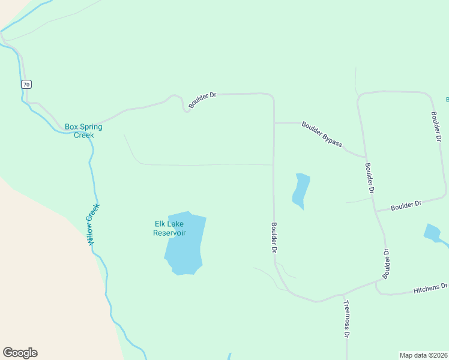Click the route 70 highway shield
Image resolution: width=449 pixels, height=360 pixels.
coord(26,84)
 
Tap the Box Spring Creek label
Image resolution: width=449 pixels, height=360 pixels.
coord(83,131)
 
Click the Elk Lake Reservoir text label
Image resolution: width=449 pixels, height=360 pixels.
coord(169,229)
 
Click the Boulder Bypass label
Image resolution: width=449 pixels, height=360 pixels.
coord(322,134)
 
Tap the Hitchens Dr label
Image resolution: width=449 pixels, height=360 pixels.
coord(430,289)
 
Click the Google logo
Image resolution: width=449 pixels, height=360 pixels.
coord(20,353)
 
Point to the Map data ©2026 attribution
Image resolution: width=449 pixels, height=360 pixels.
coord(423,355)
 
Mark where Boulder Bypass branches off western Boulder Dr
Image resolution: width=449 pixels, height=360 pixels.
coord(274,123)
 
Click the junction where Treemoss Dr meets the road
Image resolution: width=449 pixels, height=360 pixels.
coord(343,295)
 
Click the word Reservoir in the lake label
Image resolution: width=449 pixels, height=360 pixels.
coord(169,233)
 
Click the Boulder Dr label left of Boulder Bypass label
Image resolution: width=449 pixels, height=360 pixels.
coord(202,100)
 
